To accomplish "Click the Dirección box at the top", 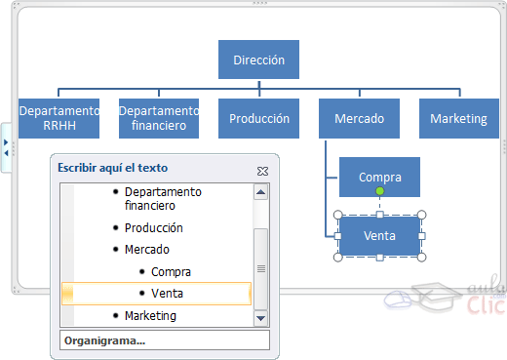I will pyautogui.click(x=258, y=60).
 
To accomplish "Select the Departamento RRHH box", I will pyautogui.click(x=58, y=118).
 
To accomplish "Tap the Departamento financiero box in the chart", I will pyautogui.click(x=158, y=118).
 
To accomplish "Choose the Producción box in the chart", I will pyautogui.click(x=258, y=118).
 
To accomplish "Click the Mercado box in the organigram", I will pyautogui.click(x=358, y=118).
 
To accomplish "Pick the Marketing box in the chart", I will pyautogui.click(x=458, y=118).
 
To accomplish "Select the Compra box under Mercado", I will pyautogui.click(x=379, y=177).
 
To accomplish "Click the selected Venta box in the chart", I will pyautogui.click(x=379, y=236).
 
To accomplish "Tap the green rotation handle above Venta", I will pyautogui.click(x=379, y=191).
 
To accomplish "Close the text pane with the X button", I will pyautogui.click(x=262, y=170).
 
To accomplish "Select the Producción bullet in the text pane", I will pyautogui.click(x=153, y=227).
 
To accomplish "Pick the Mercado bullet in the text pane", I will pyautogui.click(x=146, y=250).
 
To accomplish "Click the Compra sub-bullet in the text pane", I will pyautogui.click(x=171, y=272).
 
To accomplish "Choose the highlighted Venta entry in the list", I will pyautogui.click(x=167, y=293).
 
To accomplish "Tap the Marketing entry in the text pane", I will pyautogui.click(x=150, y=315).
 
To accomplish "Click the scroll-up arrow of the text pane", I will pyautogui.click(x=260, y=192).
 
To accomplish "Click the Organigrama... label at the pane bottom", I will pyautogui.click(x=103, y=340).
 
